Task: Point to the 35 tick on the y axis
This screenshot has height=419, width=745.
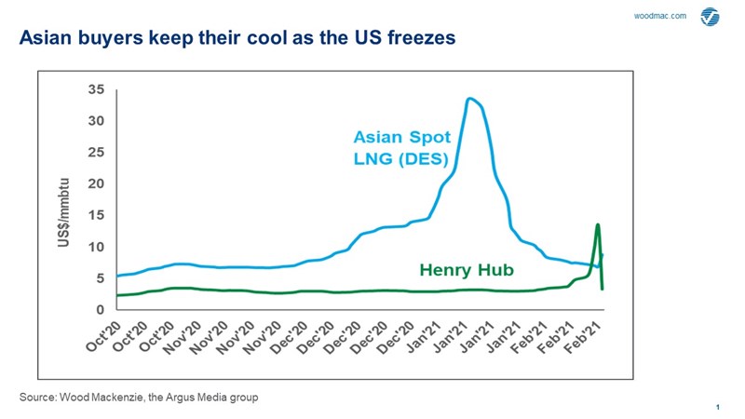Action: pos(95,89)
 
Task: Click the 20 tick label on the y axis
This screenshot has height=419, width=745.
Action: pos(95,184)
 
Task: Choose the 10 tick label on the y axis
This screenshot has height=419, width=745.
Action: pos(95,247)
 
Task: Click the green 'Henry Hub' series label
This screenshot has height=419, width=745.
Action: pos(462,271)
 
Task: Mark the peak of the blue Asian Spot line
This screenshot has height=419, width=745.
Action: pos(470,99)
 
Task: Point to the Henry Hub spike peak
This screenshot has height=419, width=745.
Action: pos(597,224)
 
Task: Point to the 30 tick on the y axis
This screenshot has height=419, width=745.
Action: pos(95,121)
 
